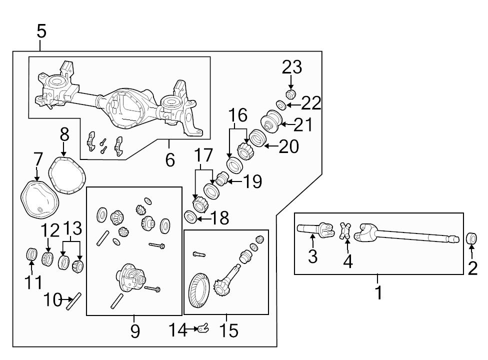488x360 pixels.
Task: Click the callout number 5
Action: pos(41,31)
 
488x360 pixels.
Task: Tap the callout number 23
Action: pos(292,67)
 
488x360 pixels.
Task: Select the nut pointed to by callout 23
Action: pos(290,93)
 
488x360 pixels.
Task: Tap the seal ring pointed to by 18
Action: pos(190,216)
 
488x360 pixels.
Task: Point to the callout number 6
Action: pos(170,160)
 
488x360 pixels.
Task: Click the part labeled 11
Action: pos(32,254)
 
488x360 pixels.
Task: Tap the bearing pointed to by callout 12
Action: pos(47,258)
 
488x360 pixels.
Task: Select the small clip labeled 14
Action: pos(202,328)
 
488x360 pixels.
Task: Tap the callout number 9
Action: pos(134,331)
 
